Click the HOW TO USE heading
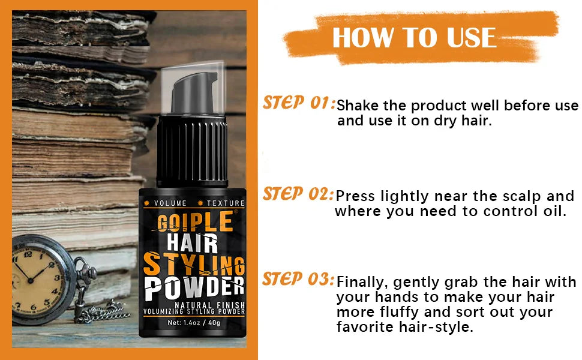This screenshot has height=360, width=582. (414, 37)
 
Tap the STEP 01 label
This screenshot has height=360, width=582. (298, 103)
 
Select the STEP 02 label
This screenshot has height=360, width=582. (298, 194)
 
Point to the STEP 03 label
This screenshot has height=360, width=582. (298, 280)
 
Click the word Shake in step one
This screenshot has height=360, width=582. (356, 106)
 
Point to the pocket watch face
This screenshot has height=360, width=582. (41, 280)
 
